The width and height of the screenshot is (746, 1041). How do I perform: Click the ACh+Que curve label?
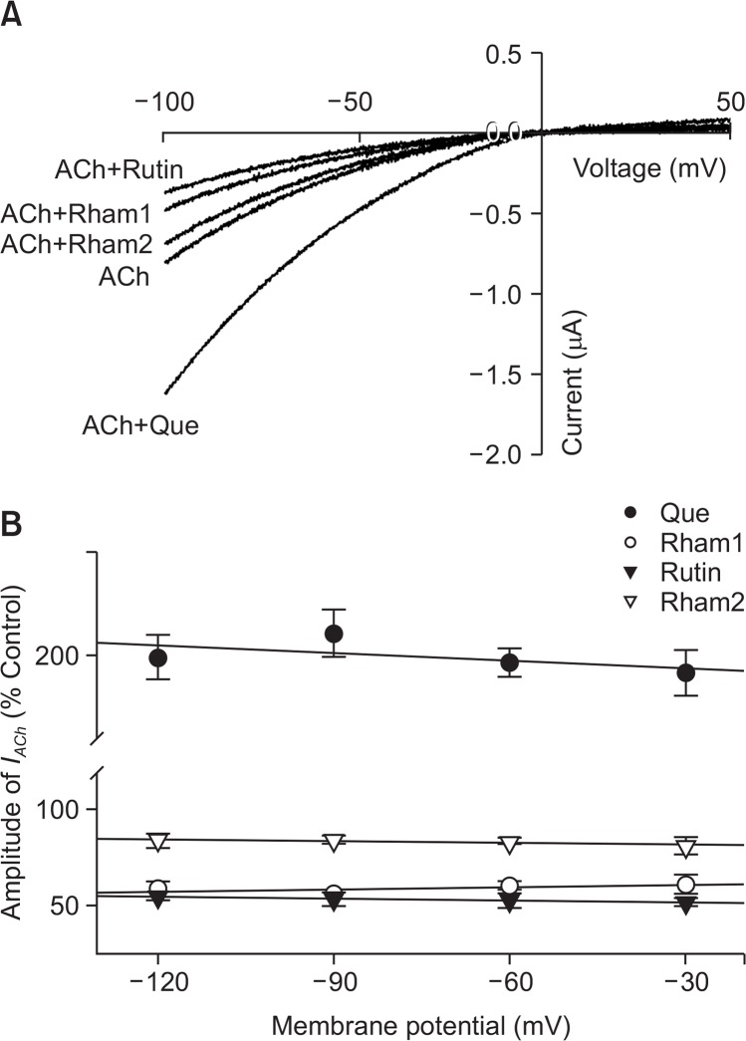(x=141, y=427)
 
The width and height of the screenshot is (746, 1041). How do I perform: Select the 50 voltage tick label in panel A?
(x=729, y=102)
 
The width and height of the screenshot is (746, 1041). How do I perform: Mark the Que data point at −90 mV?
(x=334, y=634)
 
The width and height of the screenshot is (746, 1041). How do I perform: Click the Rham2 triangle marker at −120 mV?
(x=157, y=841)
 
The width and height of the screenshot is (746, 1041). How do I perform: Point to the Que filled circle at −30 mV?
(x=685, y=672)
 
